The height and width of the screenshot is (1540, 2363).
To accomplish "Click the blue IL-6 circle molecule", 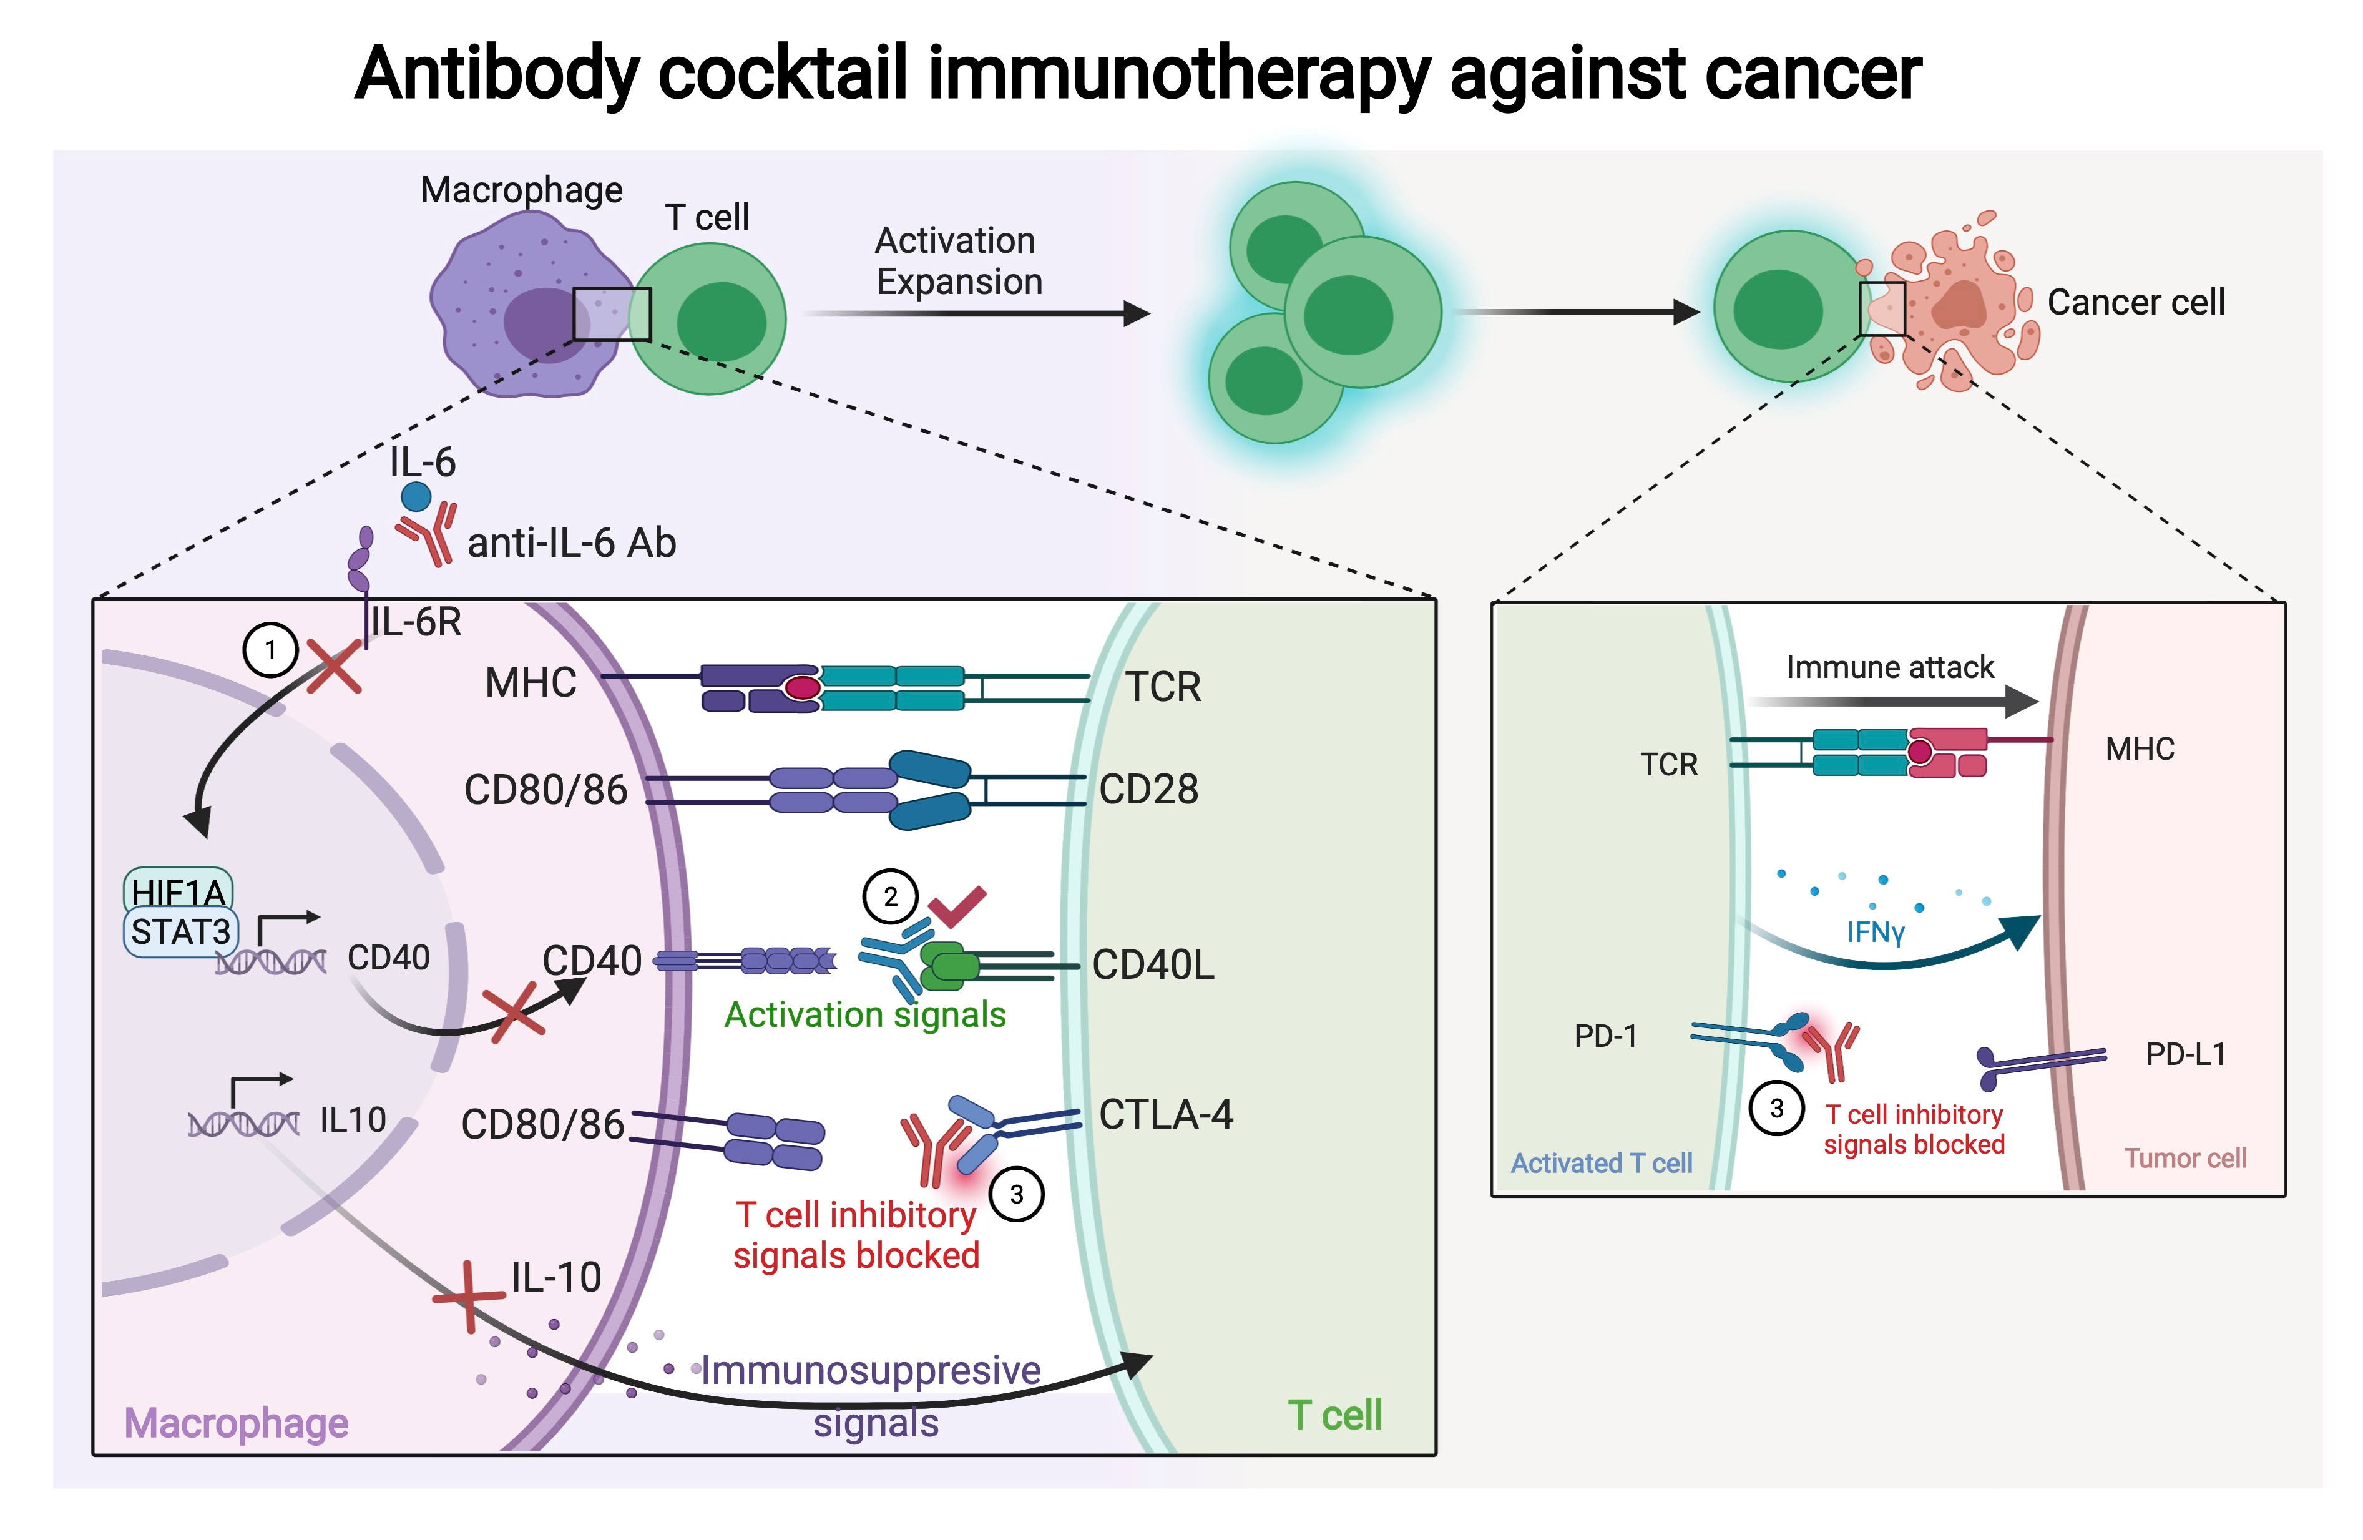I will (415, 496).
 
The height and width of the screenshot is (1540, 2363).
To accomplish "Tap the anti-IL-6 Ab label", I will (571, 543).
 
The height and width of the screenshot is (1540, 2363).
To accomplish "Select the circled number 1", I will (270, 650).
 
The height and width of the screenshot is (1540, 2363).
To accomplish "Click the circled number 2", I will (889, 896).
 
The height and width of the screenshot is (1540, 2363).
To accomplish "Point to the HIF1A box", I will (178, 891).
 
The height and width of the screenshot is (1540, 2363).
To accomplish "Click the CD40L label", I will (1153, 964).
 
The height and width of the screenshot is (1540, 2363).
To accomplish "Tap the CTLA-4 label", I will (1166, 1114).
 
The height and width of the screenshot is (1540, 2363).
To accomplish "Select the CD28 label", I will (1149, 790).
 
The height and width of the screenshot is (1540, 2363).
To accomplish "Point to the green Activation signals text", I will (865, 1015).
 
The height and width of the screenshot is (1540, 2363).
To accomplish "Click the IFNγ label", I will (1874, 933).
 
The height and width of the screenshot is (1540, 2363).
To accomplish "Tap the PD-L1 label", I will (2185, 1054).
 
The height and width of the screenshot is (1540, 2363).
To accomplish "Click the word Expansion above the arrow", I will (959, 282).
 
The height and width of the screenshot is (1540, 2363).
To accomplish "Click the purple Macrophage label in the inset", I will (237, 1423).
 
